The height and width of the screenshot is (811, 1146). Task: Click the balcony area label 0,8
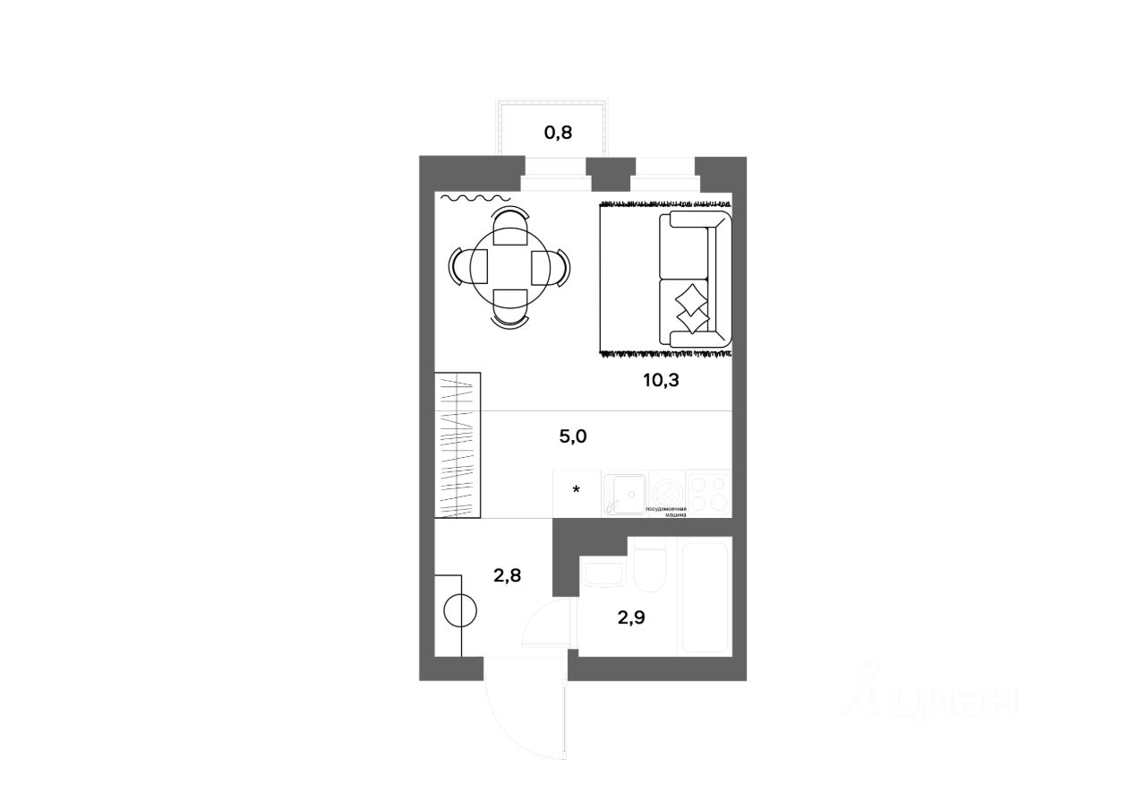558,134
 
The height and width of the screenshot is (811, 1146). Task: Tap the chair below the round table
509,311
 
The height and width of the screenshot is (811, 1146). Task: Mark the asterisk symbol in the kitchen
577,489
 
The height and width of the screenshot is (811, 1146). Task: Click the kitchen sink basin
626,491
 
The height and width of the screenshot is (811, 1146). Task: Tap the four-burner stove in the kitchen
708,494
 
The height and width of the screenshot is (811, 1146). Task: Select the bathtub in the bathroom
706,596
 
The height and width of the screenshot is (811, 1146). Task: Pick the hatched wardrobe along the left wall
458,445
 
